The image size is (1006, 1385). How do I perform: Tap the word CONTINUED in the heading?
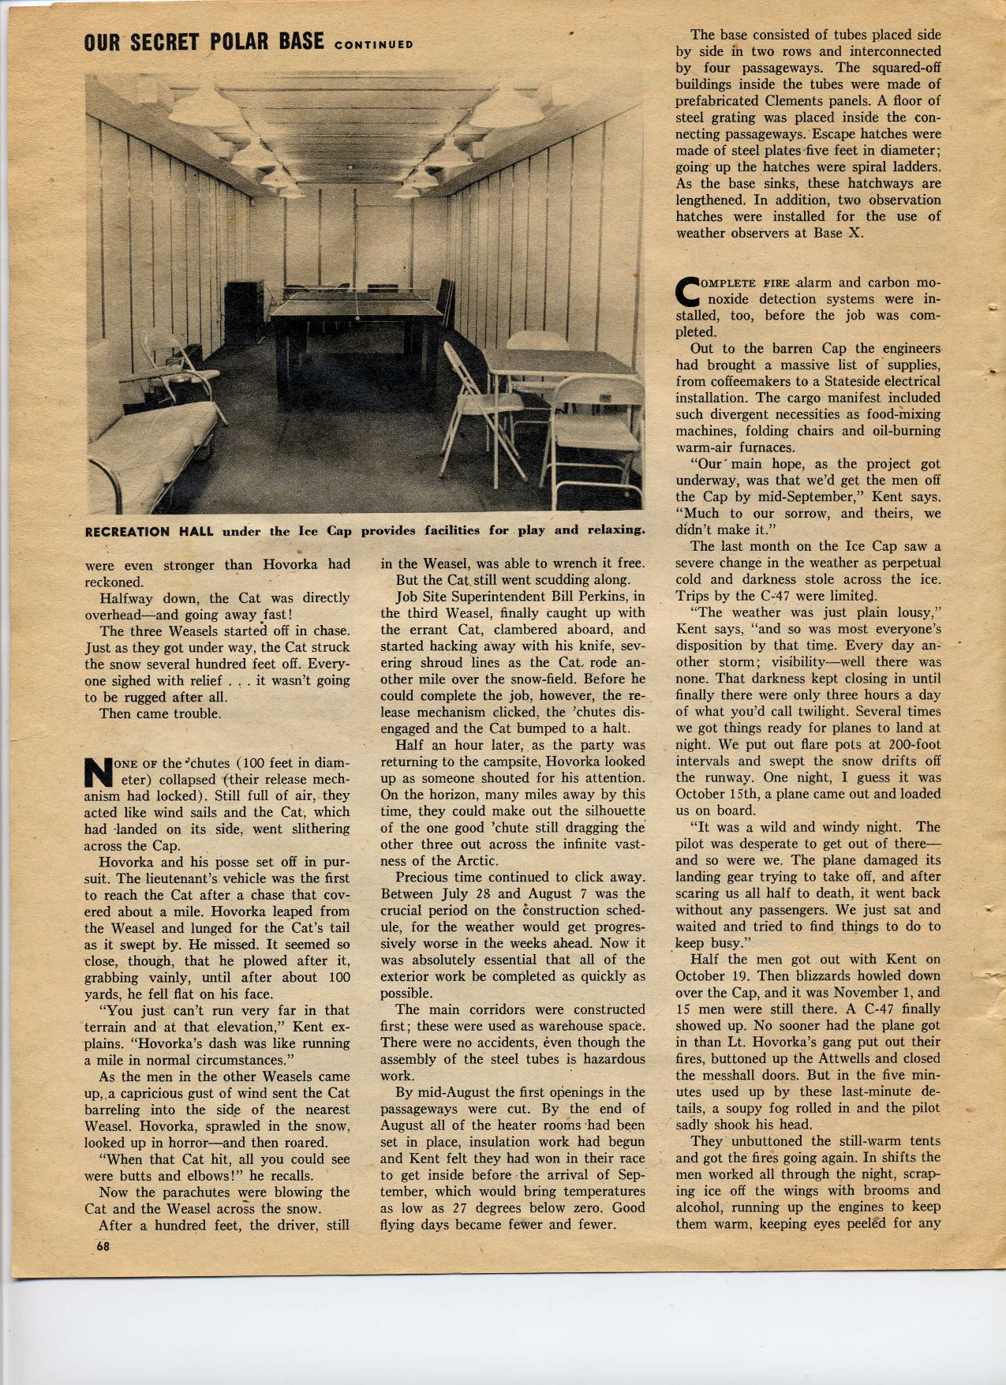tap(373, 44)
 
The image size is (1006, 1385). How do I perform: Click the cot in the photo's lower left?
tap(150, 442)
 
